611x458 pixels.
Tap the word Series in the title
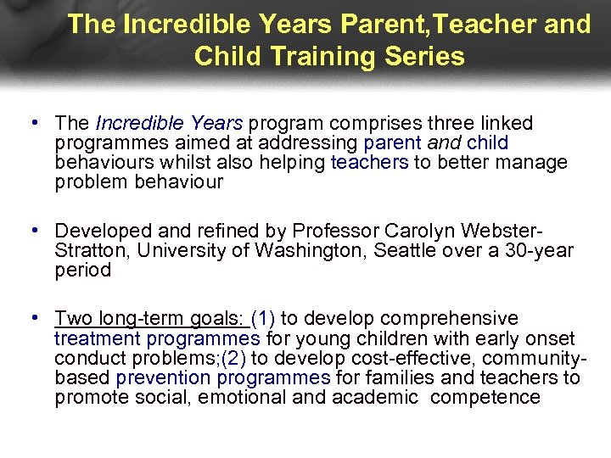pyautogui.click(x=422, y=56)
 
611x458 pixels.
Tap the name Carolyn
pyautogui.click(x=425, y=232)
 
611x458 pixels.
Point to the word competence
pyautogui.click(x=485, y=397)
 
